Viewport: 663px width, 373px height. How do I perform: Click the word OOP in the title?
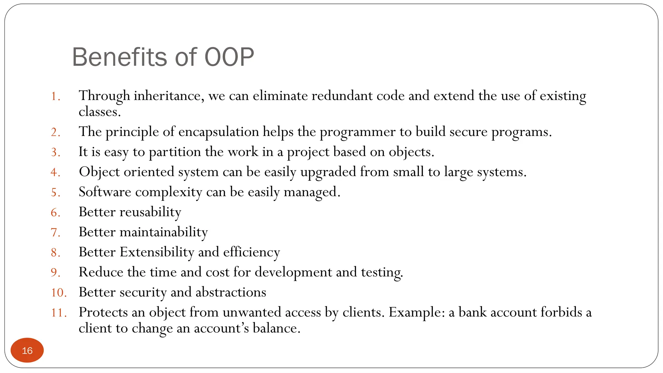(229, 57)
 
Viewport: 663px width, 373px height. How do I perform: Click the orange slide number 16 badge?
(27, 350)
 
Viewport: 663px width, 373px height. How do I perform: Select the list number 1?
(55, 96)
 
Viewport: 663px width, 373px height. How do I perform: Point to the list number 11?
(59, 313)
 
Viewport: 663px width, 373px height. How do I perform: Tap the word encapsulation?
(219, 132)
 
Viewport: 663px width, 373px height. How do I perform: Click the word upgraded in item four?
(328, 172)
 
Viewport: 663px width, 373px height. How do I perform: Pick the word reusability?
(150, 212)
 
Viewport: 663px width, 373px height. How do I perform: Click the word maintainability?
(163, 232)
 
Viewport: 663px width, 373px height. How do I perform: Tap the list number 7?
(55, 233)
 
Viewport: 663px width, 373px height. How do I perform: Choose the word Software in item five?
(105, 192)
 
